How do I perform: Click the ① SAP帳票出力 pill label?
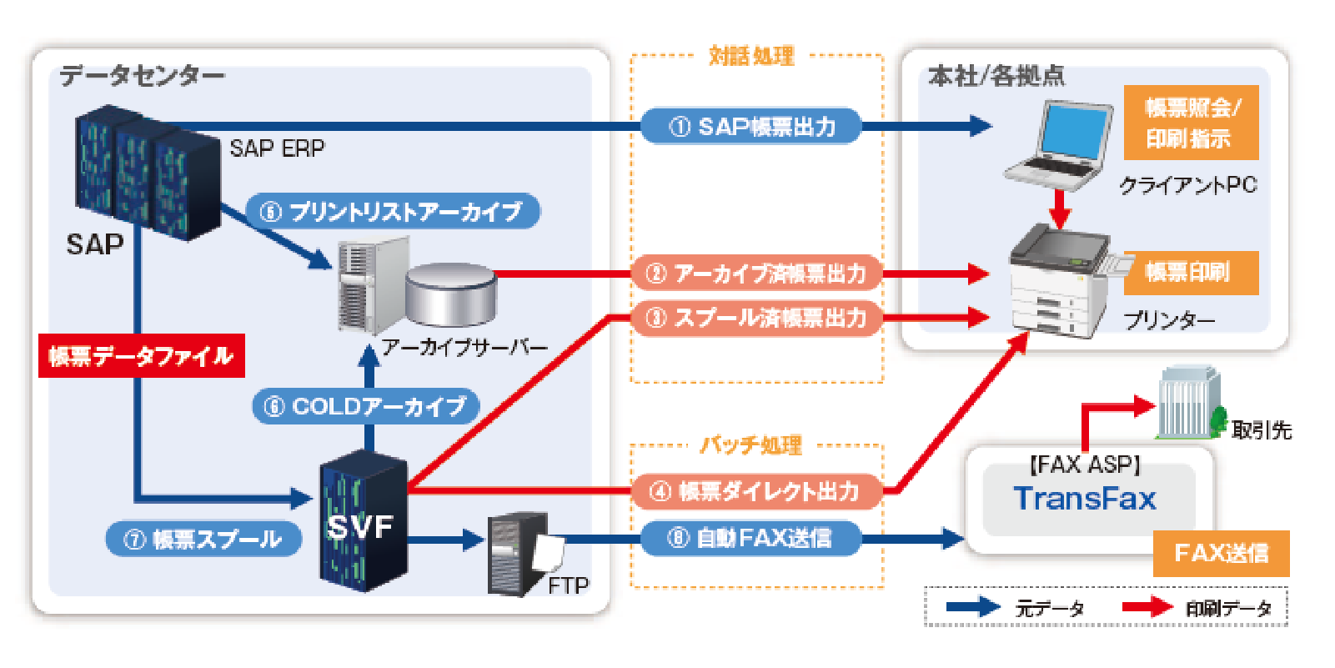750,127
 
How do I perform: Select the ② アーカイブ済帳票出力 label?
755,274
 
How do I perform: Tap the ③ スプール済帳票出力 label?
755,318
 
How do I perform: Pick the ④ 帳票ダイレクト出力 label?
755,491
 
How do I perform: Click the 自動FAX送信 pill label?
750,538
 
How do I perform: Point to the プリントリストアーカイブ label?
392,212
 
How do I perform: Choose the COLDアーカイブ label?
365,406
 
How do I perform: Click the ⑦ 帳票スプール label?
203,540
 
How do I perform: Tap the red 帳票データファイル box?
141,356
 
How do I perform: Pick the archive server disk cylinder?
451,294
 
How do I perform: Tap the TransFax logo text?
1085,499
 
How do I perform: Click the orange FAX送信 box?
1221,553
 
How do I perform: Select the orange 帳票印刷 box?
1190,273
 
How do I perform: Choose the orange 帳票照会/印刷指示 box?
1190,123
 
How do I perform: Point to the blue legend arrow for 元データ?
973,607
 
